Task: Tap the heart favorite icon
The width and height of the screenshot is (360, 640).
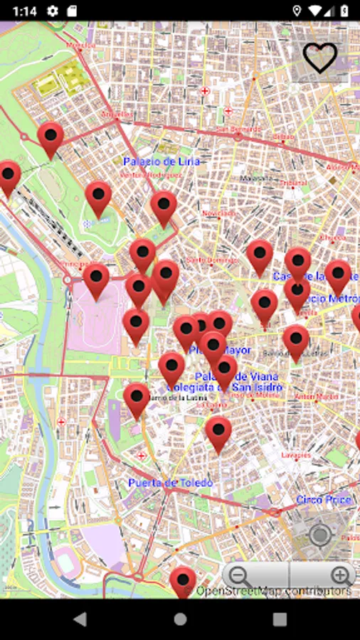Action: tap(320, 58)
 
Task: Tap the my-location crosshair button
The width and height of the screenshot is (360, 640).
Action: tap(320, 535)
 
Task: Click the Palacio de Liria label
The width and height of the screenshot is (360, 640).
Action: tap(163, 162)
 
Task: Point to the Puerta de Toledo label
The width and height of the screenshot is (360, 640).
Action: tap(170, 483)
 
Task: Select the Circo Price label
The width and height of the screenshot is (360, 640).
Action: tap(324, 500)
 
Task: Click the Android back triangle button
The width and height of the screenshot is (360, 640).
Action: tap(80, 619)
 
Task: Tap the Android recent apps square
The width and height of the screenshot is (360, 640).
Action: tap(280, 619)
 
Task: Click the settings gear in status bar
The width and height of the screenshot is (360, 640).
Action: tap(52, 11)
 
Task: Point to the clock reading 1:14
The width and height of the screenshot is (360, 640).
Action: tap(24, 11)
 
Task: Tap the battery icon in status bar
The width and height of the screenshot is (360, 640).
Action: tap(344, 11)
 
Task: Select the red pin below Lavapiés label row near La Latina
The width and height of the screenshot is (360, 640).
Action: tap(218, 432)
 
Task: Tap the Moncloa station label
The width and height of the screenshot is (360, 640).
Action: tap(80, 45)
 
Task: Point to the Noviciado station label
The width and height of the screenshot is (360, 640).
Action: tap(218, 213)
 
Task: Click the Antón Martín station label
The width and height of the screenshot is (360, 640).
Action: tap(314, 395)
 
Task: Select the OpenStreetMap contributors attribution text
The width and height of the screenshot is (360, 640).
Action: tap(274, 591)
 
